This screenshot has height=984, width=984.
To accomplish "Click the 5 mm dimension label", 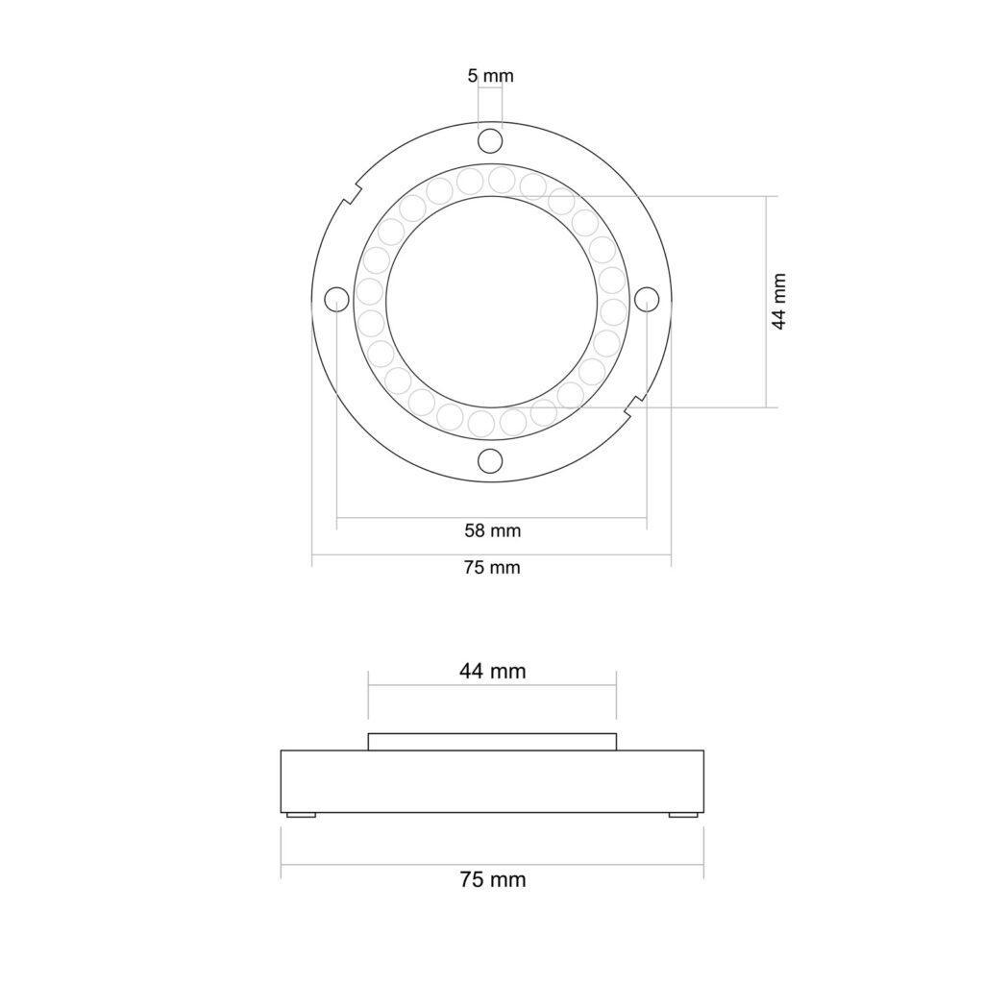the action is pyautogui.click(x=491, y=76).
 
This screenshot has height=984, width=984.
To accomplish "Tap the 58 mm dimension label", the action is pyautogui.click(x=493, y=530).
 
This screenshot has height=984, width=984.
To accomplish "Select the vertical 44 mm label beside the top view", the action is pyautogui.click(x=778, y=301).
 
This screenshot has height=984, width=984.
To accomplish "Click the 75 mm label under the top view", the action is pyautogui.click(x=493, y=568).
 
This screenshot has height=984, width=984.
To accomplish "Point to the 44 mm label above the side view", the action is pyautogui.click(x=493, y=671).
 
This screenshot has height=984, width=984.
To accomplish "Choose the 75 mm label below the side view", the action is pyautogui.click(x=493, y=879).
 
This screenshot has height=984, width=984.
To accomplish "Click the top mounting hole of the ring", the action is pyautogui.click(x=490, y=140).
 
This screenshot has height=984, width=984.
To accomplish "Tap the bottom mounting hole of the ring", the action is pyautogui.click(x=490, y=461).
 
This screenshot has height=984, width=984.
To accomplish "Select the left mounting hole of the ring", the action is pyautogui.click(x=337, y=299).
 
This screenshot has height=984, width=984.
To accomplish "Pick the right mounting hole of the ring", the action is pyautogui.click(x=647, y=299).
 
